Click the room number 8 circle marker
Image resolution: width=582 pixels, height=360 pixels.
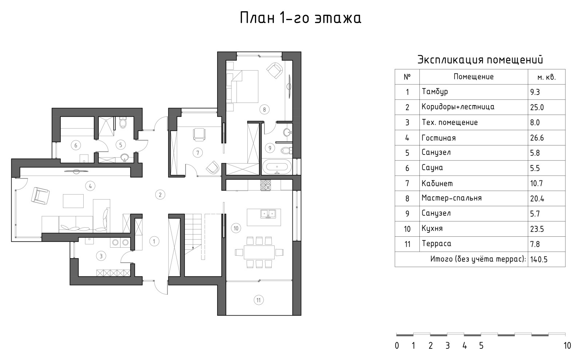click(x=264, y=109)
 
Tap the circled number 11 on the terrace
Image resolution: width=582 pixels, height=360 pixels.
click(x=259, y=300)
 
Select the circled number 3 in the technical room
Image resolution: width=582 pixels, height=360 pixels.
click(x=101, y=256)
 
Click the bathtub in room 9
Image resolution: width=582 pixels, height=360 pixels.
click(x=277, y=167)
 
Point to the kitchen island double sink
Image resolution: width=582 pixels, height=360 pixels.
click(x=268, y=214)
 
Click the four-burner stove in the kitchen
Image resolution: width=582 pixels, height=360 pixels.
click(x=266, y=185)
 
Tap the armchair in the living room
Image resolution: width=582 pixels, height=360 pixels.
click(x=40, y=196)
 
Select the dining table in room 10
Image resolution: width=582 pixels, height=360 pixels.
click(x=259, y=252)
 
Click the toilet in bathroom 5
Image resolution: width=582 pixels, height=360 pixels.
click(x=123, y=123)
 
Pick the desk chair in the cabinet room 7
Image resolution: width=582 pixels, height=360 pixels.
click(x=199, y=135)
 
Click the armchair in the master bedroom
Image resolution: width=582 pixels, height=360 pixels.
click(x=275, y=71)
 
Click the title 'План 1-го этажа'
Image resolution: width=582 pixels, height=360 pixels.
click(x=300, y=18)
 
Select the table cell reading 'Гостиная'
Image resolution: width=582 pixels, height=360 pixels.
click(x=439, y=138)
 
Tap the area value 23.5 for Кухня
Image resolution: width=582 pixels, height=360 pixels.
click(x=537, y=229)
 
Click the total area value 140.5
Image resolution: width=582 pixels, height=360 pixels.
click(x=539, y=260)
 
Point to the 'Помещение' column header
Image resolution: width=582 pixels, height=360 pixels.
click(x=473, y=77)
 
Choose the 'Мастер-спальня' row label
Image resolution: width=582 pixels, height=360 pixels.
click(x=451, y=198)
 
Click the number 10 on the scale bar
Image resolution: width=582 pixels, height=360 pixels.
click(x=567, y=346)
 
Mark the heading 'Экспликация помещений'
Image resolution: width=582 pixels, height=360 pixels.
click(x=480, y=60)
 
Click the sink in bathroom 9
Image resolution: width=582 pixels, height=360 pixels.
click(x=287, y=132)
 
